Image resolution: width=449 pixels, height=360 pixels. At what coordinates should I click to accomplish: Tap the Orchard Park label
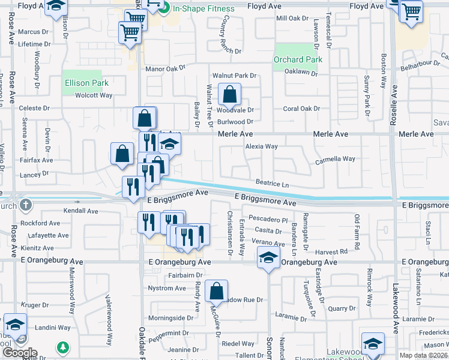tap(298, 59)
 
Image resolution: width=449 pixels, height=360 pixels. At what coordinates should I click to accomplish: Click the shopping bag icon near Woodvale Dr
tap(229, 95)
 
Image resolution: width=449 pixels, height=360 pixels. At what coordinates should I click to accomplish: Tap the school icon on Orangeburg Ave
tap(268, 259)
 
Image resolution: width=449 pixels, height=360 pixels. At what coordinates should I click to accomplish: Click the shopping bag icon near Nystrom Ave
tap(216, 292)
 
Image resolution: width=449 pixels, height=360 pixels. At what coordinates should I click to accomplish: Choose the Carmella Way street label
tap(336, 159)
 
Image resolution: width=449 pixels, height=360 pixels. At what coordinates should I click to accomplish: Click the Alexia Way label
tap(261, 146)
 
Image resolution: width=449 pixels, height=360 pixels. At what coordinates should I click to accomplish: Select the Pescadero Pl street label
tap(268, 220)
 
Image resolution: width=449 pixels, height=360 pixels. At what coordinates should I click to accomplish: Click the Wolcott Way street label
tap(94, 95)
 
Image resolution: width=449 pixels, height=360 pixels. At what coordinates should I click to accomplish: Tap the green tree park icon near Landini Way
tap(62, 347)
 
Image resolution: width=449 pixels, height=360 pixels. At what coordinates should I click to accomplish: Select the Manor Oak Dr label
tap(166, 69)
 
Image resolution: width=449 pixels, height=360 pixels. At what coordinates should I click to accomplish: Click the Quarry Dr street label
tap(342, 308)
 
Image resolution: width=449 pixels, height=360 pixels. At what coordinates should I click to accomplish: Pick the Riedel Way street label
tap(238, 344)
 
